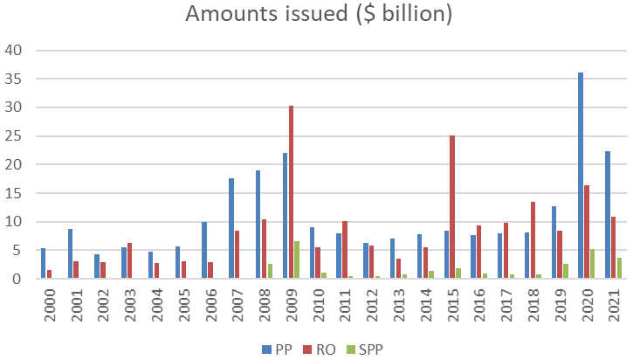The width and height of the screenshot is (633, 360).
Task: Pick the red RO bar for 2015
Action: pos(452,207)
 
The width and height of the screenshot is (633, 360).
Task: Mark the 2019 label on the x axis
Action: pos(561,306)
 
